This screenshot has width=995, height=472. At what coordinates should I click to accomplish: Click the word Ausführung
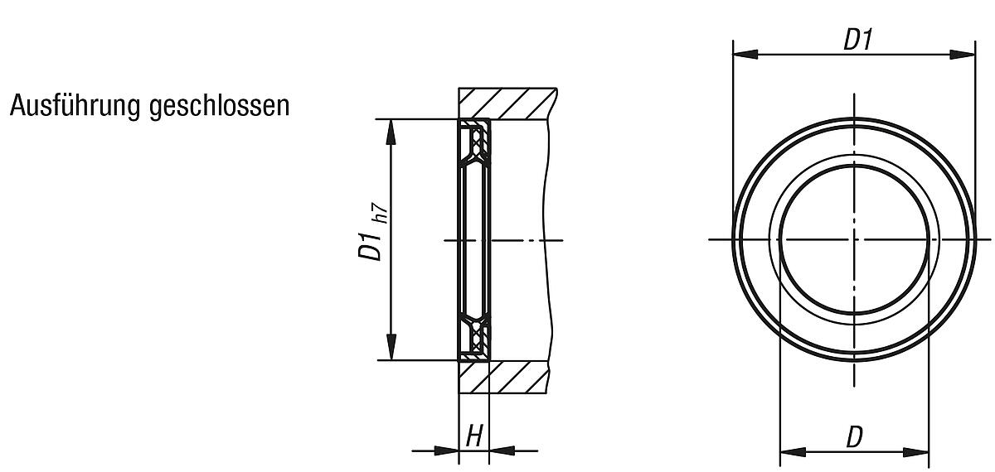75,107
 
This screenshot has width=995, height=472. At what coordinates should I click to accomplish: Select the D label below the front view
854,438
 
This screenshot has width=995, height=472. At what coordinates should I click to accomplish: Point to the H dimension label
474,436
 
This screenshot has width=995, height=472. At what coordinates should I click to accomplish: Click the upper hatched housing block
506,104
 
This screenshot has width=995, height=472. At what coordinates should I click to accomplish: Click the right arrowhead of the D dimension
916,452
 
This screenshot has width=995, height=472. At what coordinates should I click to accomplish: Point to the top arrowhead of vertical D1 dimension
392,131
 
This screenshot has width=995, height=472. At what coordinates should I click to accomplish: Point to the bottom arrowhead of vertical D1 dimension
392,349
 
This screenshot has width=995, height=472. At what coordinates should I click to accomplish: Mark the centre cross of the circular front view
853,239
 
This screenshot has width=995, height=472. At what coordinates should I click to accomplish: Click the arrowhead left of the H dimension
449,450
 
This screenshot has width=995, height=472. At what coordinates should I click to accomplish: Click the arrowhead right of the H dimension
501,450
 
